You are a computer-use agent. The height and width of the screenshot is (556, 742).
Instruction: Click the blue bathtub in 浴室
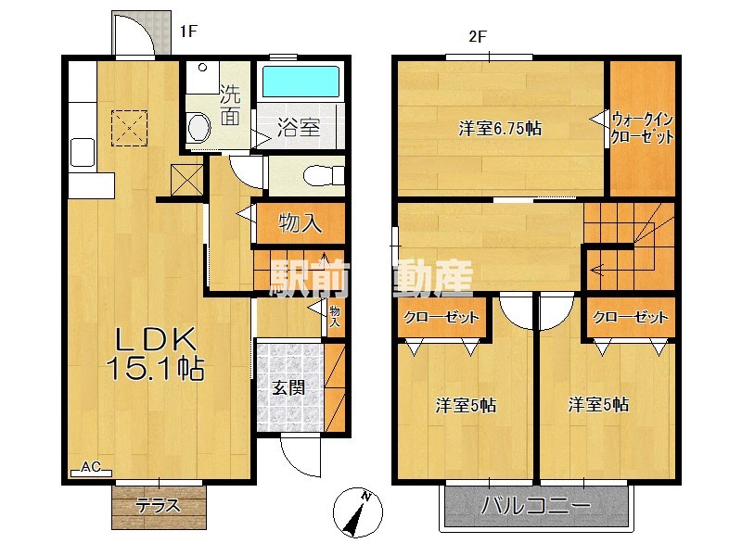pyautogui.click(x=301, y=82)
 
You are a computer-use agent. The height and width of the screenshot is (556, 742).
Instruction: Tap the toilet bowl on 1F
pyautogui.click(x=323, y=176)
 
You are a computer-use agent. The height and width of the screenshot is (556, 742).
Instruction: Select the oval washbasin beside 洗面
pyautogui.click(x=199, y=127)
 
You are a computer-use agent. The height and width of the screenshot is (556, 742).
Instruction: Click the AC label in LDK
pyautogui.click(x=90, y=467)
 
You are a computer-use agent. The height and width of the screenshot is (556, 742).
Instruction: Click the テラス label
pyautogui.click(x=158, y=505)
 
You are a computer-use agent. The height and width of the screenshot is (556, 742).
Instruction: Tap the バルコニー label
pyautogui.click(x=536, y=506)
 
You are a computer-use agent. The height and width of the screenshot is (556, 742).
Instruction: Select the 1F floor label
pyautogui.click(x=188, y=32)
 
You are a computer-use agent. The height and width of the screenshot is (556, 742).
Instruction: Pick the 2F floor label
pyautogui.click(x=478, y=36)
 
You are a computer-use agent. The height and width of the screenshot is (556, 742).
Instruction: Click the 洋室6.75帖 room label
pyautogui.click(x=500, y=128)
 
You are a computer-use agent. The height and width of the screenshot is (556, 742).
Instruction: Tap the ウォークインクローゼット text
pyautogui.click(x=642, y=128)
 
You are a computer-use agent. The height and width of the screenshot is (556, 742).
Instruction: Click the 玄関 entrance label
pyautogui.click(x=288, y=387)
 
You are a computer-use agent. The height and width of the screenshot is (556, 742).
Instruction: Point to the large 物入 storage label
pyautogui.click(x=301, y=222)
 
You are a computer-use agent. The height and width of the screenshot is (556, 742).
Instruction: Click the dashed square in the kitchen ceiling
pyautogui.click(x=129, y=128)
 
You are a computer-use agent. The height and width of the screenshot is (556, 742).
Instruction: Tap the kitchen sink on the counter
pyautogui.click(x=83, y=152)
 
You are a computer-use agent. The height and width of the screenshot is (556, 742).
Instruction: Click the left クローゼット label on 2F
pyautogui.click(x=441, y=317)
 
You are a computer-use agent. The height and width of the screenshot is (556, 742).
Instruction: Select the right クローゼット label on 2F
pyautogui.click(x=631, y=317)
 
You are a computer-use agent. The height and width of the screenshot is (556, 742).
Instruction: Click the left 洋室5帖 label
pyautogui.click(x=466, y=405)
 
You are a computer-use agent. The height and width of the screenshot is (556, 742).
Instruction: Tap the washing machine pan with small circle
pyautogui.click(x=202, y=77)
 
